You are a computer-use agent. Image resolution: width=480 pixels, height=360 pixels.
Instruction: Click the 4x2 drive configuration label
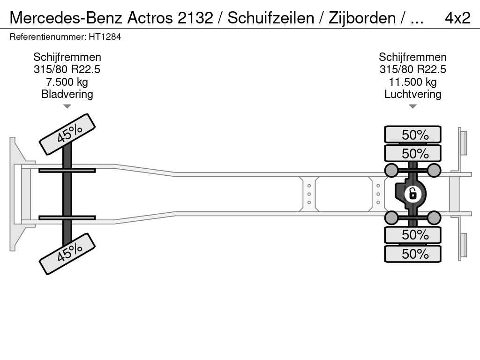[x=457, y=18]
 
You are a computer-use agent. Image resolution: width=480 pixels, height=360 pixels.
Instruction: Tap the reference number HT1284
[x=105, y=37]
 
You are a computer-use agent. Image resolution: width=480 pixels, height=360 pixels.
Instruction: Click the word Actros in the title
[x=150, y=18]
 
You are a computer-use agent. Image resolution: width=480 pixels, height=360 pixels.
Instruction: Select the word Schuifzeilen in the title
[x=271, y=18]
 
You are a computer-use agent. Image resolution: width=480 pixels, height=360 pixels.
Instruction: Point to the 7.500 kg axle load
[x=67, y=82]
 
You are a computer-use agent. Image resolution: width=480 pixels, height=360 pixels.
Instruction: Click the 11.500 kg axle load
[x=412, y=82]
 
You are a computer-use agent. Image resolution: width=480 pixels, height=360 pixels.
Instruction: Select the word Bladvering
[x=67, y=94]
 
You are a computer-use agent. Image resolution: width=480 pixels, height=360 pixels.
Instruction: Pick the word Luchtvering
[x=412, y=94]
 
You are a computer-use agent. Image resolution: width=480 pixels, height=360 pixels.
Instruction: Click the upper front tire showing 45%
[x=67, y=134]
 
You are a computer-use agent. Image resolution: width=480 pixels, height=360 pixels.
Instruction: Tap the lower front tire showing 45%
[x=67, y=254]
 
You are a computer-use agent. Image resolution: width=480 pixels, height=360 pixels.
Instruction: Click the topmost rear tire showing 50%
[x=412, y=135]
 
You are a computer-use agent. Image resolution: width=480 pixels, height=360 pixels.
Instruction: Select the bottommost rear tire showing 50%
[x=412, y=254]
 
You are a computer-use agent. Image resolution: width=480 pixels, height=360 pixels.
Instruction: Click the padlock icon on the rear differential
[x=412, y=194]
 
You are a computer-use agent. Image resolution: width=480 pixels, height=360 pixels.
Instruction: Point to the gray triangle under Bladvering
[x=67, y=106]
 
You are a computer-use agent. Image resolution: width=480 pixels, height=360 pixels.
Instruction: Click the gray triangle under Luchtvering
[x=412, y=106]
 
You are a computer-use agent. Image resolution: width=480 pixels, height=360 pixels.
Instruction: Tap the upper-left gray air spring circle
[x=391, y=170]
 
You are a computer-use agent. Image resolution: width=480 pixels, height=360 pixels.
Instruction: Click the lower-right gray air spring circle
[x=434, y=217]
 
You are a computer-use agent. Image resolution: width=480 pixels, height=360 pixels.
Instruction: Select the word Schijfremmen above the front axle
[x=67, y=57]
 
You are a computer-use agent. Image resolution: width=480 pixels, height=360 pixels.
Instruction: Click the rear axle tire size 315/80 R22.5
[x=412, y=69]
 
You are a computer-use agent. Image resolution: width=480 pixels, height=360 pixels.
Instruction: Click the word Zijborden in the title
[x=362, y=18]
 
